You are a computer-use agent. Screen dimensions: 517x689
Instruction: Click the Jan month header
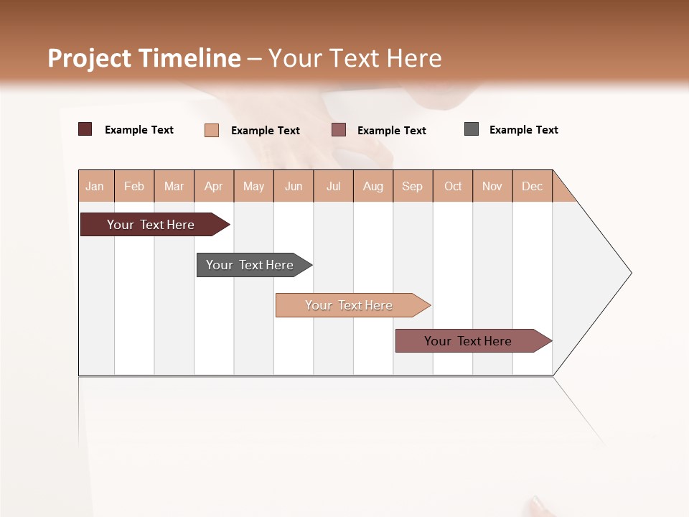click(x=95, y=186)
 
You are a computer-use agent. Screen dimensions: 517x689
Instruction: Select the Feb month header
click(x=134, y=186)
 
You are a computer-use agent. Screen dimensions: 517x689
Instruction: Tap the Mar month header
click(x=174, y=186)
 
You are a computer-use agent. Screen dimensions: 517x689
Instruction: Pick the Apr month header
click(x=214, y=186)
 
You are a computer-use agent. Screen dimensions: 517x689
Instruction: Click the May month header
click(x=253, y=186)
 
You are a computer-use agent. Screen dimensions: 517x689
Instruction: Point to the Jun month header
click(x=294, y=186)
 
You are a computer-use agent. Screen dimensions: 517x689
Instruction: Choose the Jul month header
click(x=333, y=186)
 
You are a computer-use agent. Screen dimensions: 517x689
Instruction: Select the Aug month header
click(x=373, y=186)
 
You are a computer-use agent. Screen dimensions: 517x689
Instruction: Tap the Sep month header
click(x=413, y=186)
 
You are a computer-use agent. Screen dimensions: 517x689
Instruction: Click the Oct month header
click(x=453, y=186)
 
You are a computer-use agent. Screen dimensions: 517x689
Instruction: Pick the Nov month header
click(x=492, y=186)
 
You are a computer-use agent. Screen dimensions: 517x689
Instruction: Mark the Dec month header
click(x=533, y=186)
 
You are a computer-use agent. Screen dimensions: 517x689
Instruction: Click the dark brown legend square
click(x=85, y=129)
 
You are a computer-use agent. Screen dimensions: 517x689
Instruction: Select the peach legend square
click(x=212, y=130)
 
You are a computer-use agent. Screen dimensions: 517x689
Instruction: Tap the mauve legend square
click(x=339, y=129)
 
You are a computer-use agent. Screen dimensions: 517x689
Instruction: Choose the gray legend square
click(x=472, y=129)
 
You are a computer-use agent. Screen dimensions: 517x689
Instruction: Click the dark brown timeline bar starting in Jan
click(x=151, y=225)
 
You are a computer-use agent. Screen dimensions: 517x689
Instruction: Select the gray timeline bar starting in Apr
click(x=250, y=265)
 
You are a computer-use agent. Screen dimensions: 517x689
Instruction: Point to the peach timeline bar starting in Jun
click(x=349, y=305)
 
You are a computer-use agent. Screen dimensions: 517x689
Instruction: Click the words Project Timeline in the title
click(x=144, y=58)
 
